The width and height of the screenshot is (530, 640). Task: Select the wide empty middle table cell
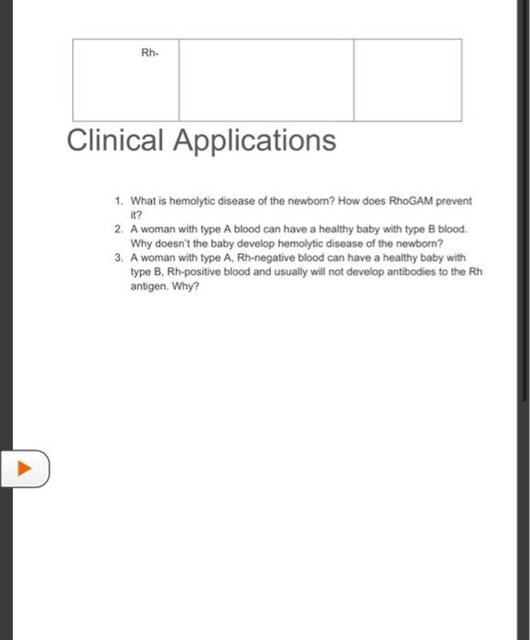coord(265,80)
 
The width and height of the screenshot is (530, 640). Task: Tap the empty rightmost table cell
coord(407,80)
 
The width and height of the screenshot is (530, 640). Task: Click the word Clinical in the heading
coord(115,141)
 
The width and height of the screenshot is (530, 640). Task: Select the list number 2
coord(118,229)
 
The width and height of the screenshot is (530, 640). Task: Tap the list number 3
coord(118,258)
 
